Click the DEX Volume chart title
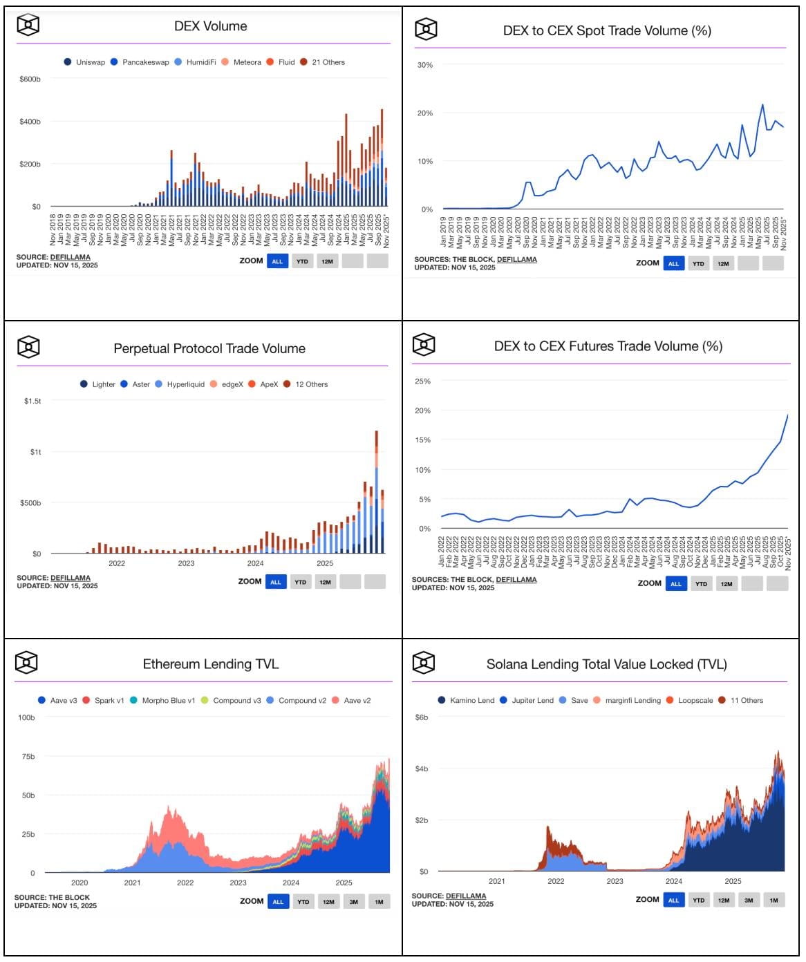(210, 26)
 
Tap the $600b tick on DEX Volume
(30, 79)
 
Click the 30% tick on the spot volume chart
(425, 65)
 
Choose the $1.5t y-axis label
(32, 401)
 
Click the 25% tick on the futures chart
(422, 381)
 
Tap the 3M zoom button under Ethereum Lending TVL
(353, 902)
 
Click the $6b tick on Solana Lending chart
(422, 717)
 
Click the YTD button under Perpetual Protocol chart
(300, 582)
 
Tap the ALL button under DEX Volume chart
(277, 261)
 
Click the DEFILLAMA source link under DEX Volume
(70, 257)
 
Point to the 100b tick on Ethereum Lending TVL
(26, 717)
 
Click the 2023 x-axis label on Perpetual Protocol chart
(186, 563)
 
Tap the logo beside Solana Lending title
(423, 663)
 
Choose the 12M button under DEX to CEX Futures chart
(727, 584)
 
